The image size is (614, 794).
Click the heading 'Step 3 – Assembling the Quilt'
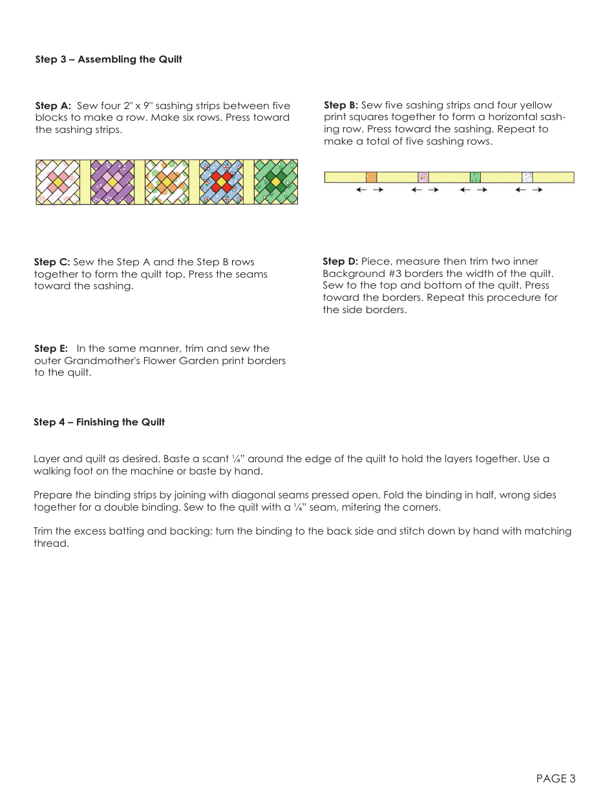pos(109,59)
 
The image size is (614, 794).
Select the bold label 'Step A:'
pos(53,106)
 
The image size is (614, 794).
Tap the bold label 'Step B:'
pos(341,105)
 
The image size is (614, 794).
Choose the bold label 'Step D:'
pos(340,261)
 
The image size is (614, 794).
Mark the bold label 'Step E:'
pos(50,349)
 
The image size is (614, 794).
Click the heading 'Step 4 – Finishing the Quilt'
pos(99,422)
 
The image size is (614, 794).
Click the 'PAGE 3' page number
pos(555,779)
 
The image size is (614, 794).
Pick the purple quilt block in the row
pos(112,182)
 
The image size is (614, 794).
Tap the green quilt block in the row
pos(276,182)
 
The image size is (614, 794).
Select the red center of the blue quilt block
pos(222,182)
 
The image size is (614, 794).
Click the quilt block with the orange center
pos(167,182)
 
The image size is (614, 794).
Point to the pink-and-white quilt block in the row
pos(58,182)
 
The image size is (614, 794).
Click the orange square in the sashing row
pos(372,177)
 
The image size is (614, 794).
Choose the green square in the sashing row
pos(475,177)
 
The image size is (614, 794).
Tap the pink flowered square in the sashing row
pos(423,177)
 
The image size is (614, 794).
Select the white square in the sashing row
pos(527,177)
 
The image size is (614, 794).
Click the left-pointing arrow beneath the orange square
pos(361,190)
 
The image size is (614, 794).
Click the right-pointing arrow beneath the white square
pos(537,190)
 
